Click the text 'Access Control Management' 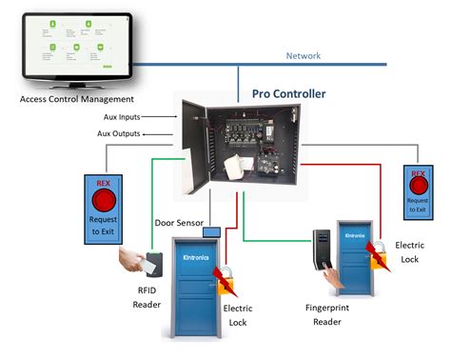(x=76, y=98)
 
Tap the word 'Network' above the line (x=304, y=55)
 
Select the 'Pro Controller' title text (x=287, y=94)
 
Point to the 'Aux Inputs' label (x=123, y=116)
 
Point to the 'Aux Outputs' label (x=118, y=133)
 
